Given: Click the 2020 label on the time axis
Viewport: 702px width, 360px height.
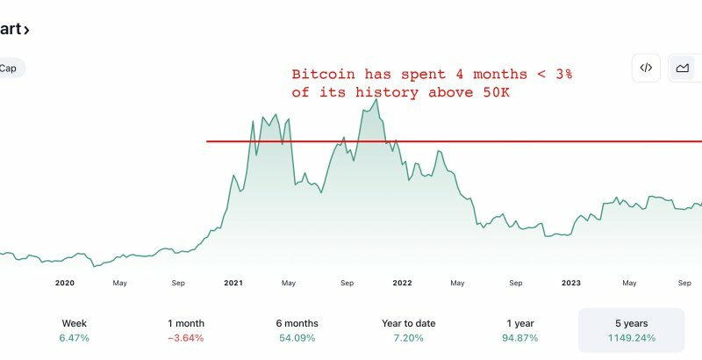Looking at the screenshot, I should (x=64, y=283).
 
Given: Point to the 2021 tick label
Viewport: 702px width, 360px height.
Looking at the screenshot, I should (x=233, y=283).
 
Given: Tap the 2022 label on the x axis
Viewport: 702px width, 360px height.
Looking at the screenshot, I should (x=402, y=283).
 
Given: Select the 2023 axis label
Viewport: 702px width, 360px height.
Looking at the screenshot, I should (x=571, y=283).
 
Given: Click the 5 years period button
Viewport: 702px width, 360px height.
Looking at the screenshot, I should (x=631, y=330).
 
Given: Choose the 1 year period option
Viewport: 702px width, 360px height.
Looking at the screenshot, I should (x=520, y=330).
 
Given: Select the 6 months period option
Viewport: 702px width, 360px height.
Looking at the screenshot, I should (x=297, y=330).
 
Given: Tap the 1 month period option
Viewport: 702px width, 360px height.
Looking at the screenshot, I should (x=185, y=330).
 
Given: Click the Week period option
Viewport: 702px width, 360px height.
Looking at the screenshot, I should (x=74, y=330).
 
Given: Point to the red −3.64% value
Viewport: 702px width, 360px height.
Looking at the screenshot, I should (x=185, y=338).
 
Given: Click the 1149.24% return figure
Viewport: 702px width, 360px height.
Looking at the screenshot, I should (x=631, y=338).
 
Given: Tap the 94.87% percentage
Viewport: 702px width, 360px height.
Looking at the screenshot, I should (x=520, y=338).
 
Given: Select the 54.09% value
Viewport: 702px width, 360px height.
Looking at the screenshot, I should (x=297, y=338).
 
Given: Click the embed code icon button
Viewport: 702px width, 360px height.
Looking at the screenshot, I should (x=646, y=68).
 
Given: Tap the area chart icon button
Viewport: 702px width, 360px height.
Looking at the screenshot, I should (x=683, y=68).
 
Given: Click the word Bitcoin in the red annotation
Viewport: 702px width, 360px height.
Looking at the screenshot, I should (x=317, y=74).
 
